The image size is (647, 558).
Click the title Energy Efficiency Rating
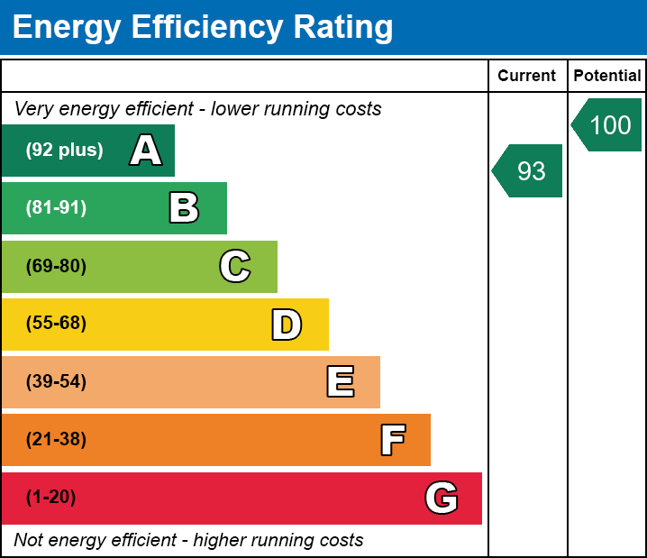click(203, 28)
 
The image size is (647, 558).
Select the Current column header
click(527, 77)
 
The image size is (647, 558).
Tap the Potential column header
click(607, 77)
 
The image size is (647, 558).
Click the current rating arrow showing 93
click(529, 170)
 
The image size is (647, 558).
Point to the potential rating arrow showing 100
click(608, 124)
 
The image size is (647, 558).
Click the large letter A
click(146, 151)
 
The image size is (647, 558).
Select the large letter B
click(184, 208)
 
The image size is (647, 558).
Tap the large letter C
click(235, 267)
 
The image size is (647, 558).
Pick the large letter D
click(287, 325)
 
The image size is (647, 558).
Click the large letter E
click(340, 382)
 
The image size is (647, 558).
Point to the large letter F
click(392, 440)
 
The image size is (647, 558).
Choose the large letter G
click(442, 498)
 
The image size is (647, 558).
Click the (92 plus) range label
click(64, 151)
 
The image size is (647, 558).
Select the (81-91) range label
click(56, 208)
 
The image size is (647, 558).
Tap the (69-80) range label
click(56, 266)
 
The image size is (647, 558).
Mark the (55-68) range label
click(56, 324)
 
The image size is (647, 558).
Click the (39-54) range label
click(56, 381)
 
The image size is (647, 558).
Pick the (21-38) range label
click(56, 439)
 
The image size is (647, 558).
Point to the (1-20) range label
click(51, 497)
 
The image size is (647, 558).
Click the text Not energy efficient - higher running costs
click(188, 540)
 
